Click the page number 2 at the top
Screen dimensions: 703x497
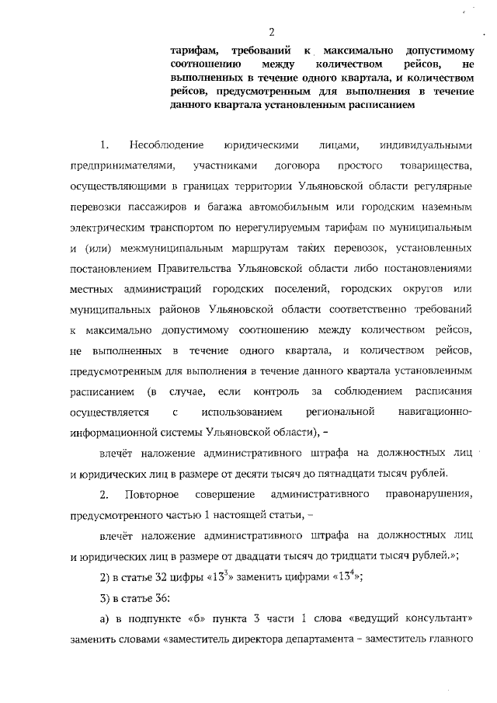tap(272, 31)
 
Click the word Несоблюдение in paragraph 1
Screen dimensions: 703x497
tap(166, 146)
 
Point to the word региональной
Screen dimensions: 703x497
tap(342, 411)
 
